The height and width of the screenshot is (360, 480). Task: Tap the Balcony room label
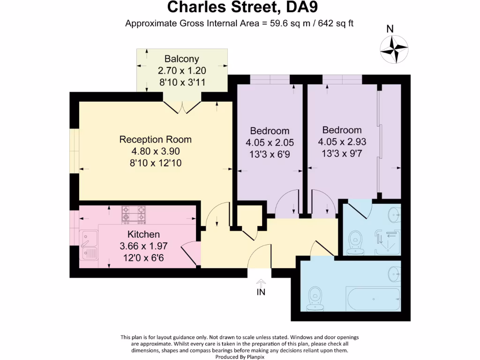tap(182, 59)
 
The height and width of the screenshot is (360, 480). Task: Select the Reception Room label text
tap(155, 139)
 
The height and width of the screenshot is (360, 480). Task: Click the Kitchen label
tap(144, 234)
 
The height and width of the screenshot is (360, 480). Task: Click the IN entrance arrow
tap(261, 287)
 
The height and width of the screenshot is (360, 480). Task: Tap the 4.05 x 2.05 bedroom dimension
tap(270, 142)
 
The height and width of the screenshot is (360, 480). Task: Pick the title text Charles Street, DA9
tap(239, 8)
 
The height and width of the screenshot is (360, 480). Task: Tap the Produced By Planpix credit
tap(240, 357)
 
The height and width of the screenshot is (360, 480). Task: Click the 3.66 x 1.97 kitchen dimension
tap(144, 246)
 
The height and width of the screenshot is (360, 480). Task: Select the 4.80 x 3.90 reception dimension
tap(155, 151)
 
